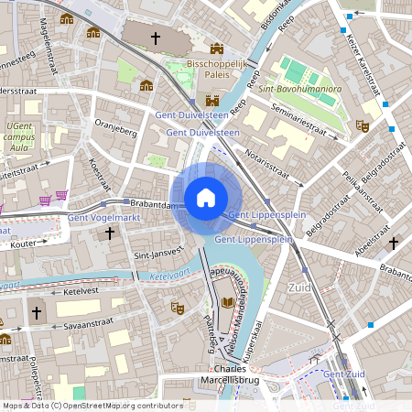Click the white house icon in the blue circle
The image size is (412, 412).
(x=206, y=198)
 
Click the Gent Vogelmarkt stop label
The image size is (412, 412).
(x=102, y=217)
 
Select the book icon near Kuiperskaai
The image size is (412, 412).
(x=226, y=302)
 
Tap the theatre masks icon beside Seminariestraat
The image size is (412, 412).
(x=362, y=125)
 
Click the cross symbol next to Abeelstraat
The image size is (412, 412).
(x=394, y=243)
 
